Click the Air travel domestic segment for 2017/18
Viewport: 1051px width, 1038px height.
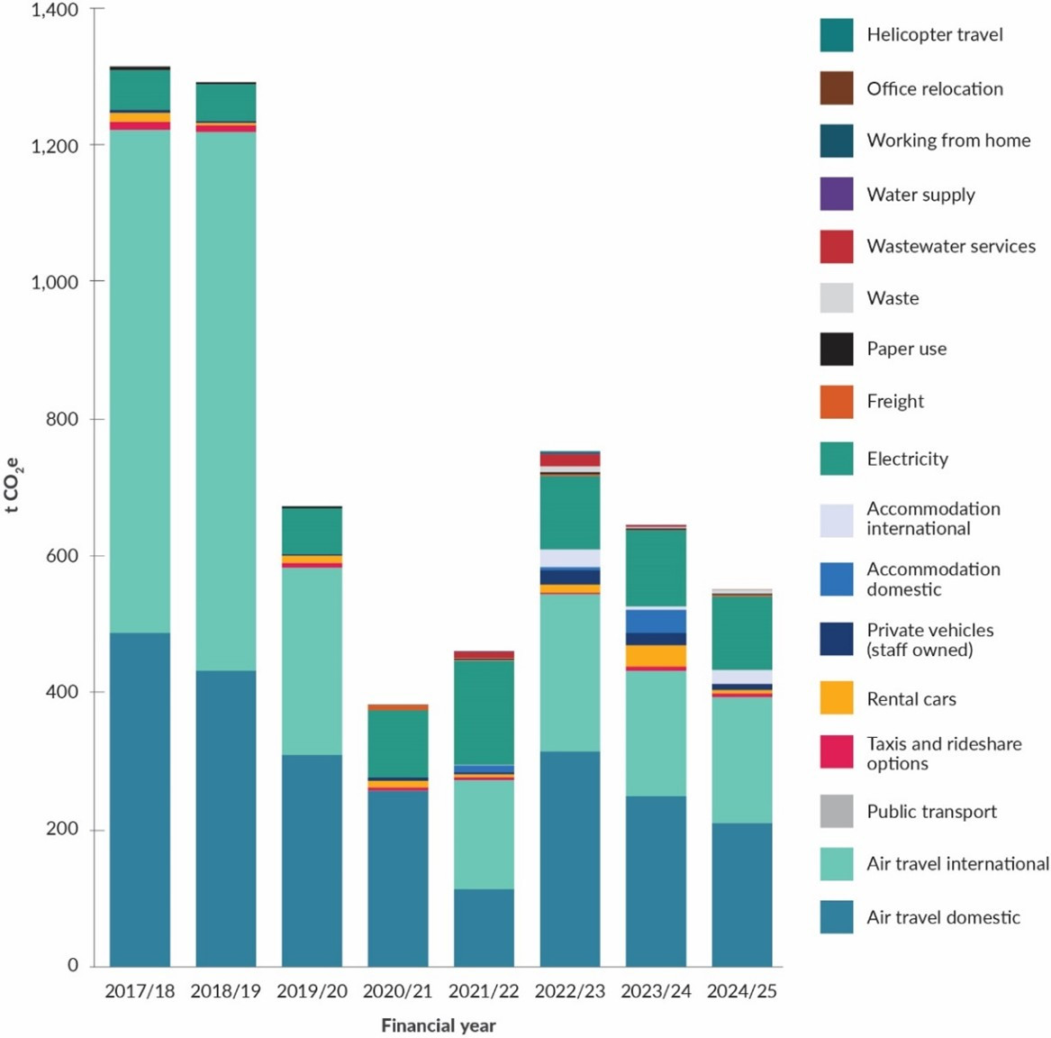coord(140,798)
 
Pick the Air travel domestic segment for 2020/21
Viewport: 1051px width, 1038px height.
coord(397,878)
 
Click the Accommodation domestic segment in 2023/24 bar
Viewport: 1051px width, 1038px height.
coord(656,621)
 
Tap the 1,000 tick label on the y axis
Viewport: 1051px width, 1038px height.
coord(55,282)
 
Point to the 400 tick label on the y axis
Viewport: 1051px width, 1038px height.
coord(62,692)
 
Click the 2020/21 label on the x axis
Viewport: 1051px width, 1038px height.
coord(397,991)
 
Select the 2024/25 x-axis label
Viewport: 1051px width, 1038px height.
coord(741,991)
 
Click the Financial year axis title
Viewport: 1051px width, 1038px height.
coord(439,1025)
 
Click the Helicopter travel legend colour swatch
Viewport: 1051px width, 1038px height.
coord(836,35)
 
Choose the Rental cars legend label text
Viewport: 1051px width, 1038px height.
coord(911,699)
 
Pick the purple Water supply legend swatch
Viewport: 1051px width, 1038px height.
coord(836,195)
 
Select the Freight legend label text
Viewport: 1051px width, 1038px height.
coord(894,401)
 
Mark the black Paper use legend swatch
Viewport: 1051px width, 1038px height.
coord(836,349)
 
